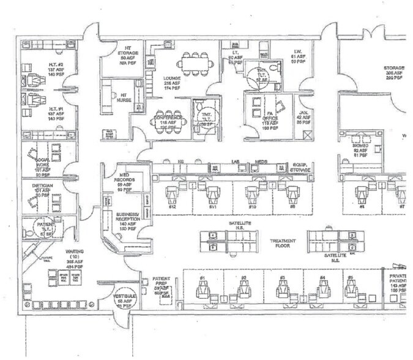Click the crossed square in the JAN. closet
tap(310, 133)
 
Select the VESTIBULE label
tap(124, 300)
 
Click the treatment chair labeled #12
tap(173, 195)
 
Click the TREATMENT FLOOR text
tap(283, 244)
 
